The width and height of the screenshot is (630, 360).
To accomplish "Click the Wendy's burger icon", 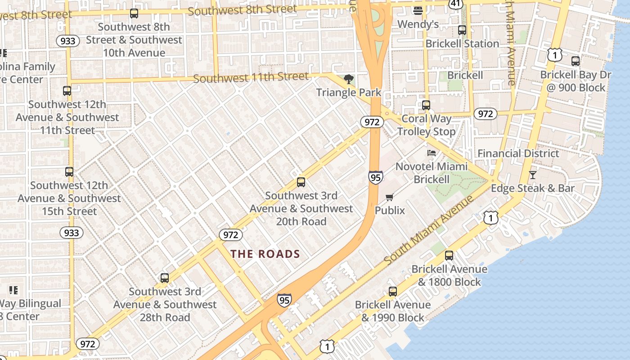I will (418, 10).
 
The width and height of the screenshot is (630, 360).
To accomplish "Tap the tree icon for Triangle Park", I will (348, 80).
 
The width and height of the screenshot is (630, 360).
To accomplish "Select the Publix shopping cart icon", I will (390, 198).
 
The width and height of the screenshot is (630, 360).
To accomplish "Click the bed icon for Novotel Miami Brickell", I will (432, 153).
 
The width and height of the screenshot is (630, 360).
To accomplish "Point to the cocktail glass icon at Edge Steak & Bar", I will (533, 175).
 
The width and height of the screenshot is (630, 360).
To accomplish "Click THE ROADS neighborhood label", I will (265, 254).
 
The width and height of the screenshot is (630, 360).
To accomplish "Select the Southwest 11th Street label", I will (251, 78).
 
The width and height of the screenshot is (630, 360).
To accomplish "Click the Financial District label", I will (518, 153).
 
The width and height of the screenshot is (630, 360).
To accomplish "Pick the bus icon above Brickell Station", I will (462, 30).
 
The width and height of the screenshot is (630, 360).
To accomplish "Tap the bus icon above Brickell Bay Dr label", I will (576, 61).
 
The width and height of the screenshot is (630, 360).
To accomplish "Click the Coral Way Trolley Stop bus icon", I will (426, 105).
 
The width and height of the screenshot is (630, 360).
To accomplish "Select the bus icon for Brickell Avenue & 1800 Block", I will (449, 256).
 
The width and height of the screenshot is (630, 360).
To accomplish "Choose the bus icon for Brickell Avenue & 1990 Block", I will (393, 292).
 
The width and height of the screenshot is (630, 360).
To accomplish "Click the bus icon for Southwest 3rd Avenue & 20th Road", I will (301, 182).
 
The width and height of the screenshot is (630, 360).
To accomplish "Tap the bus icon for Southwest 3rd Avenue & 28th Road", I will (165, 278).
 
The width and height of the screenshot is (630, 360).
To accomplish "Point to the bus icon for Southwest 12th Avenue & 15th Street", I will (69, 172).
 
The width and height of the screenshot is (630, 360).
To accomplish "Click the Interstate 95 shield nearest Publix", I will (375, 177).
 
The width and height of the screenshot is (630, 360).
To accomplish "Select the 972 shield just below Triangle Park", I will (372, 122).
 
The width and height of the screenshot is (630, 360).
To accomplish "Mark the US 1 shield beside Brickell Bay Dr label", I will (555, 55).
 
